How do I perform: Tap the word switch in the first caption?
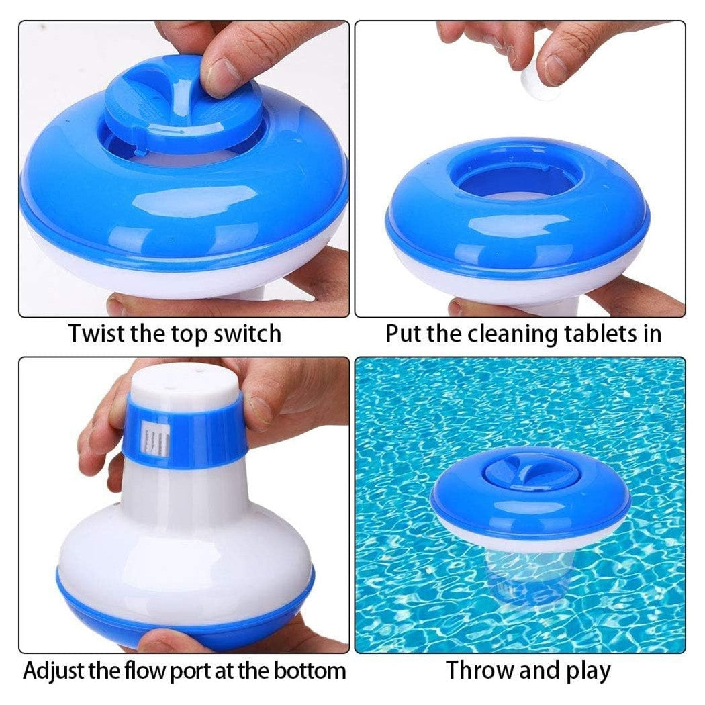(x=246, y=334)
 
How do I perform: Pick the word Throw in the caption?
(x=477, y=670)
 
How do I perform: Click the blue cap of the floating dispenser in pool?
(x=530, y=470)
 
